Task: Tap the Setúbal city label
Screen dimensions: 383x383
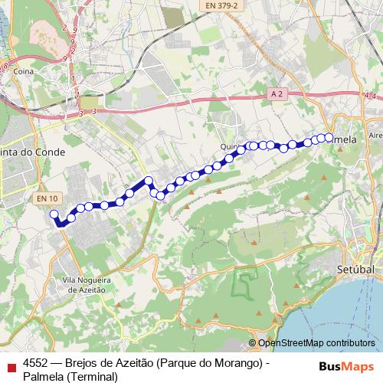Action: pyautogui.click(x=355, y=270)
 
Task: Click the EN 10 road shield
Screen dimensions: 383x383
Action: pyautogui.click(x=45, y=198)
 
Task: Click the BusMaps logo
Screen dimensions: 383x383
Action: pyautogui.click(x=346, y=365)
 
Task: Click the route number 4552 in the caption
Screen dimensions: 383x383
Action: pyautogui.click(x=38, y=363)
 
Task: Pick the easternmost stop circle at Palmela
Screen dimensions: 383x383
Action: pyautogui.click(x=329, y=137)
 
